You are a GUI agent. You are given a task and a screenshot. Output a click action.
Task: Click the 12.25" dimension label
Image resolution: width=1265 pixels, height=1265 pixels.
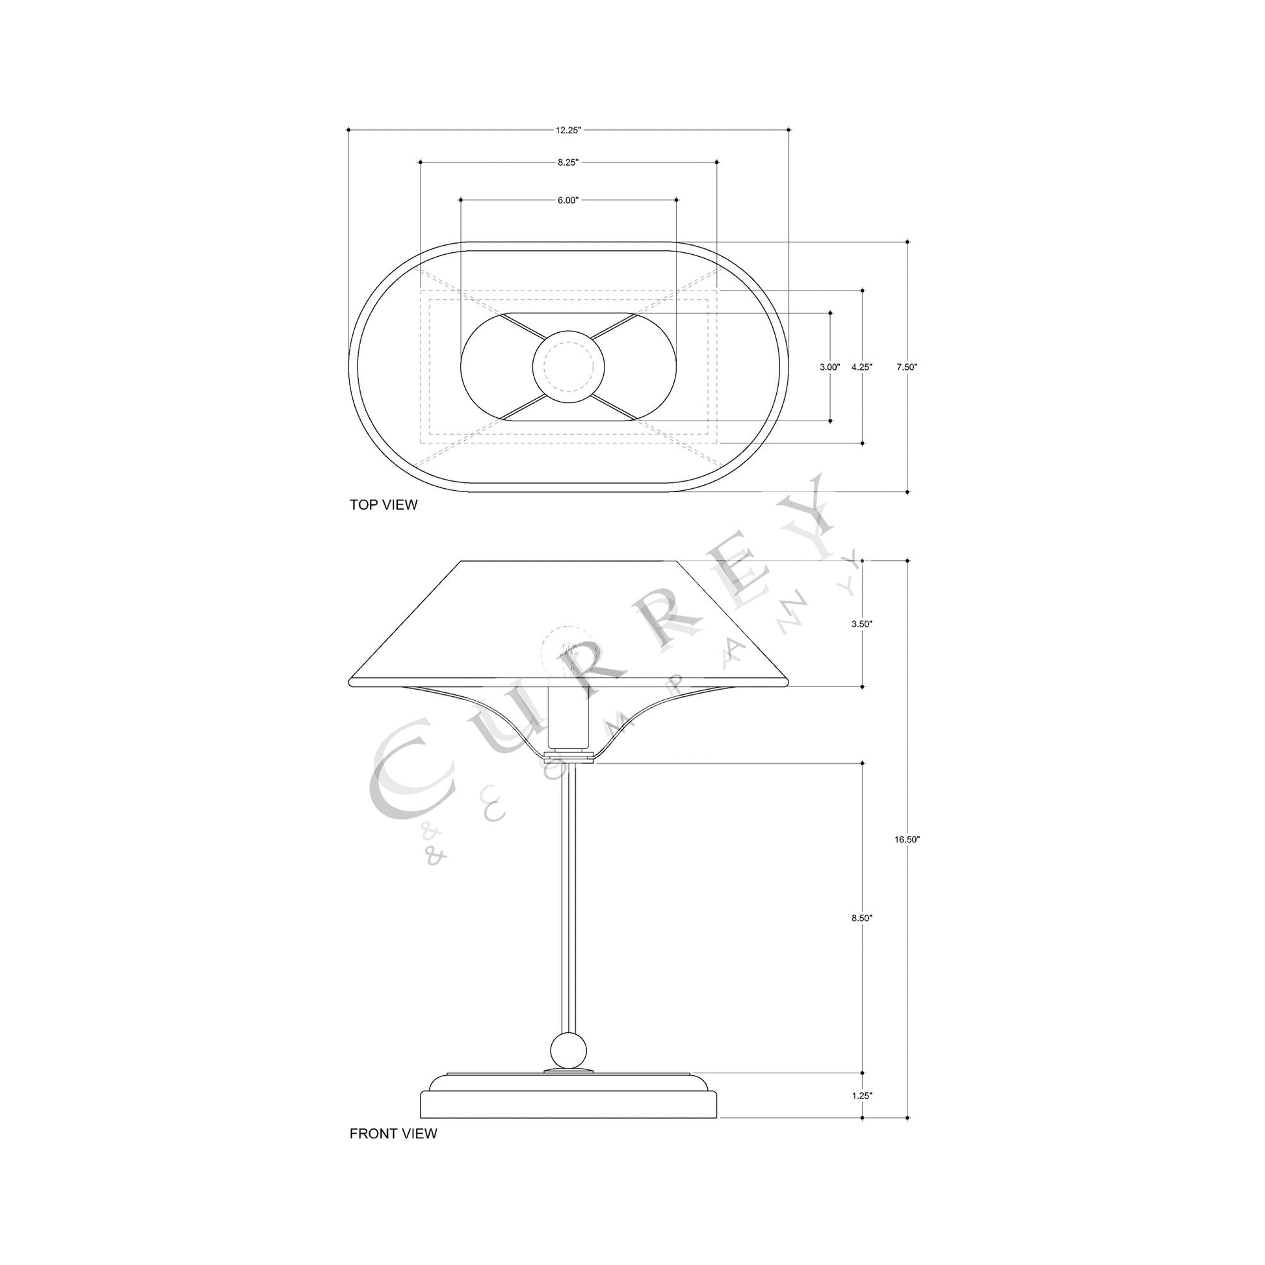click(x=568, y=130)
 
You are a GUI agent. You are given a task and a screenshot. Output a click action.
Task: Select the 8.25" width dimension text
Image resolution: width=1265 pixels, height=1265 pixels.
click(x=568, y=163)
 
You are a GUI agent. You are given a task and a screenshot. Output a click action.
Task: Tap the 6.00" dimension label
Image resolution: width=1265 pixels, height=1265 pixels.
click(x=568, y=200)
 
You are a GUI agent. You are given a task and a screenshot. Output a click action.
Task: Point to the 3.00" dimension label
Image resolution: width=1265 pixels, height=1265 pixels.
click(x=829, y=367)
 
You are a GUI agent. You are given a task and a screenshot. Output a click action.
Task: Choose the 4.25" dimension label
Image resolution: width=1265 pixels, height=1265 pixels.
click(x=862, y=367)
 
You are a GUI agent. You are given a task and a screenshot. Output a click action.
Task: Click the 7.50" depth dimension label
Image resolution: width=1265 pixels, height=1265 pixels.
click(x=907, y=367)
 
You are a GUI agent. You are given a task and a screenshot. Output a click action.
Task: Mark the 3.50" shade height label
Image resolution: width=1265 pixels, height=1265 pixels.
click(x=862, y=624)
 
